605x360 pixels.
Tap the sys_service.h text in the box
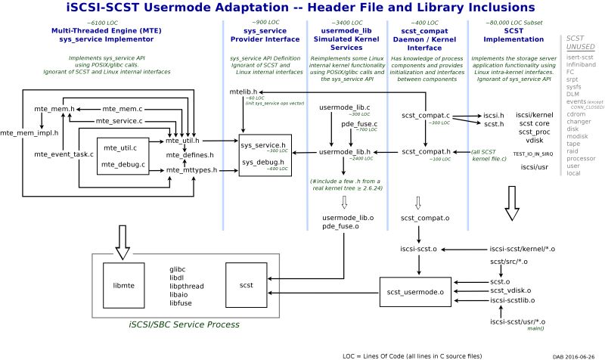pyautogui.click(x=263, y=144)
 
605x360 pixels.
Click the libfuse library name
pyautogui.click(x=181, y=303)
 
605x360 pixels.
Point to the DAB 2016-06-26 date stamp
pyautogui.click(x=573, y=354)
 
